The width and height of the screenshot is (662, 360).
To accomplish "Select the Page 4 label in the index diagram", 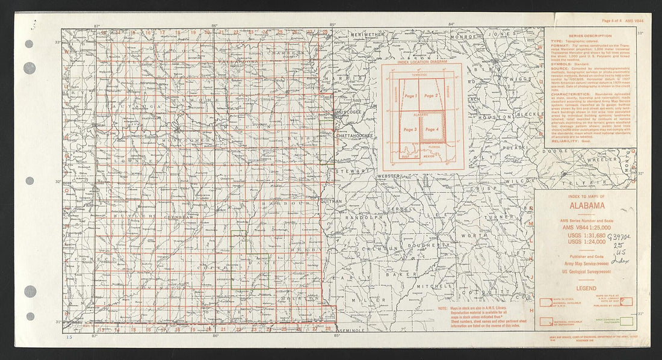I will click(x=432, y=129).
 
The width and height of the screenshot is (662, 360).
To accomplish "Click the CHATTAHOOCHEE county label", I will click(x=355, y=136).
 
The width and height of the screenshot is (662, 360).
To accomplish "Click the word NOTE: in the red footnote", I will click(x=444, y=309).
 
